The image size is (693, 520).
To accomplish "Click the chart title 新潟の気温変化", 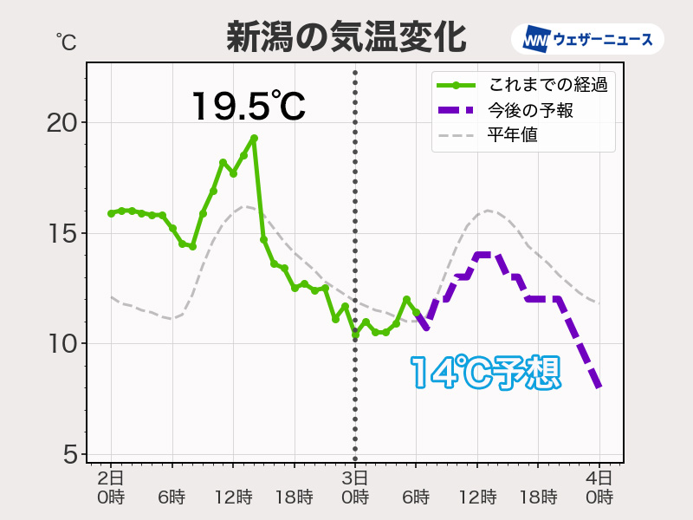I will pos(346,37).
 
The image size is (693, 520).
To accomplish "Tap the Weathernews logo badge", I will pos(588,39).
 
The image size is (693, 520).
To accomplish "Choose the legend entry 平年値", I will pos(512,135).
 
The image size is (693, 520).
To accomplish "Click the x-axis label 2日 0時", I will pos(111,487).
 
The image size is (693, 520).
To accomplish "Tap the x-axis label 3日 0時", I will pos(355,487).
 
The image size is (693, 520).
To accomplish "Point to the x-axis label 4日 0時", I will pos(599,487).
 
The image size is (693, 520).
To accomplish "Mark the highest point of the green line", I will pos(254,138).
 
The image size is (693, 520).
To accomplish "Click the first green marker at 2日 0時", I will pos(111,213).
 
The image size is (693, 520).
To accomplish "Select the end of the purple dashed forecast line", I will pos(599,387).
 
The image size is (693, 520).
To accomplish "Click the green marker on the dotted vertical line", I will pos(355,333).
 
